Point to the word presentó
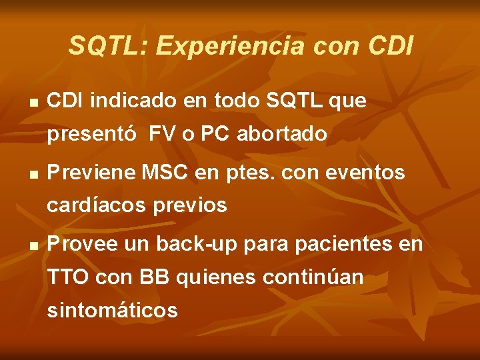tap(94, 135)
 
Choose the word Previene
tap(93, 173)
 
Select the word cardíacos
tap(97, 205)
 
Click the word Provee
tap(85, 245)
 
